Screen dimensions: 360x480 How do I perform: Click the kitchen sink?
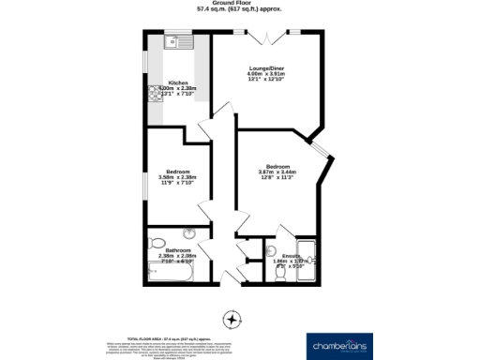click(175, 41)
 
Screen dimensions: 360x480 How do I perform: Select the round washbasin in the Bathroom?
click(190, 232)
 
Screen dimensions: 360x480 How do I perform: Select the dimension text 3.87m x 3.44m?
click(277, 172)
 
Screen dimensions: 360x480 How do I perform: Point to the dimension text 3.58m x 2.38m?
click(178, 178)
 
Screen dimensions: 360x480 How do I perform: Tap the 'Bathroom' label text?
click(178, 250)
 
